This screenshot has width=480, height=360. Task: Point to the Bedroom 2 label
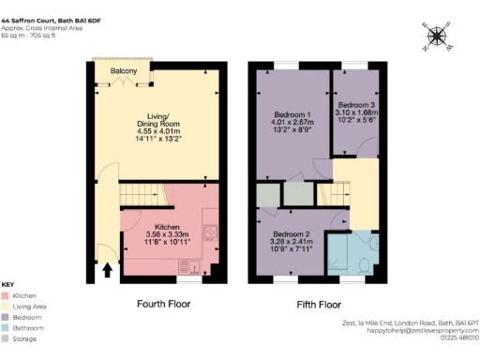click(291, 234)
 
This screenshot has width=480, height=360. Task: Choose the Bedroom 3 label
click(356, 104)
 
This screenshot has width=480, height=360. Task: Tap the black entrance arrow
click(107, 271)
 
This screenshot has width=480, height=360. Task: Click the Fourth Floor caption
click(165, 304)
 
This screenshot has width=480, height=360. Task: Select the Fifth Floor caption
click(317, 304)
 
